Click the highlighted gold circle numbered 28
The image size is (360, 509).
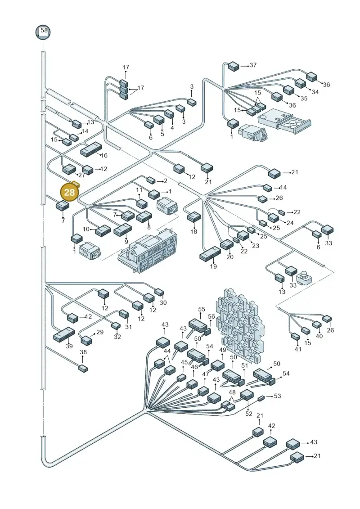(69, 192)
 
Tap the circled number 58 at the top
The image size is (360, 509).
(43, 32)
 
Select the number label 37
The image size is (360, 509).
(253, 65)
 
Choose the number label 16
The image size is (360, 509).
(104, 156)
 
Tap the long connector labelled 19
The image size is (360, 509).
(210, 254)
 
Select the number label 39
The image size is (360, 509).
(69, 346)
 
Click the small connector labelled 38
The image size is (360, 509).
(83, 368)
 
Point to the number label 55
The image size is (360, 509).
(202, 310)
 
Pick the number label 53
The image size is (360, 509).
(277, 396)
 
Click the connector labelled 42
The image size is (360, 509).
(270, 442)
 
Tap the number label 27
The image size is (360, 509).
(81, 175)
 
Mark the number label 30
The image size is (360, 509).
(163, 302)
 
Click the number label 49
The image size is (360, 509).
(222, 350)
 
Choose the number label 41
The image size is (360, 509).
(298, 349)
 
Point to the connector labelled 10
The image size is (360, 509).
(103, 230)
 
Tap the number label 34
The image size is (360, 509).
(315, 92)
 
